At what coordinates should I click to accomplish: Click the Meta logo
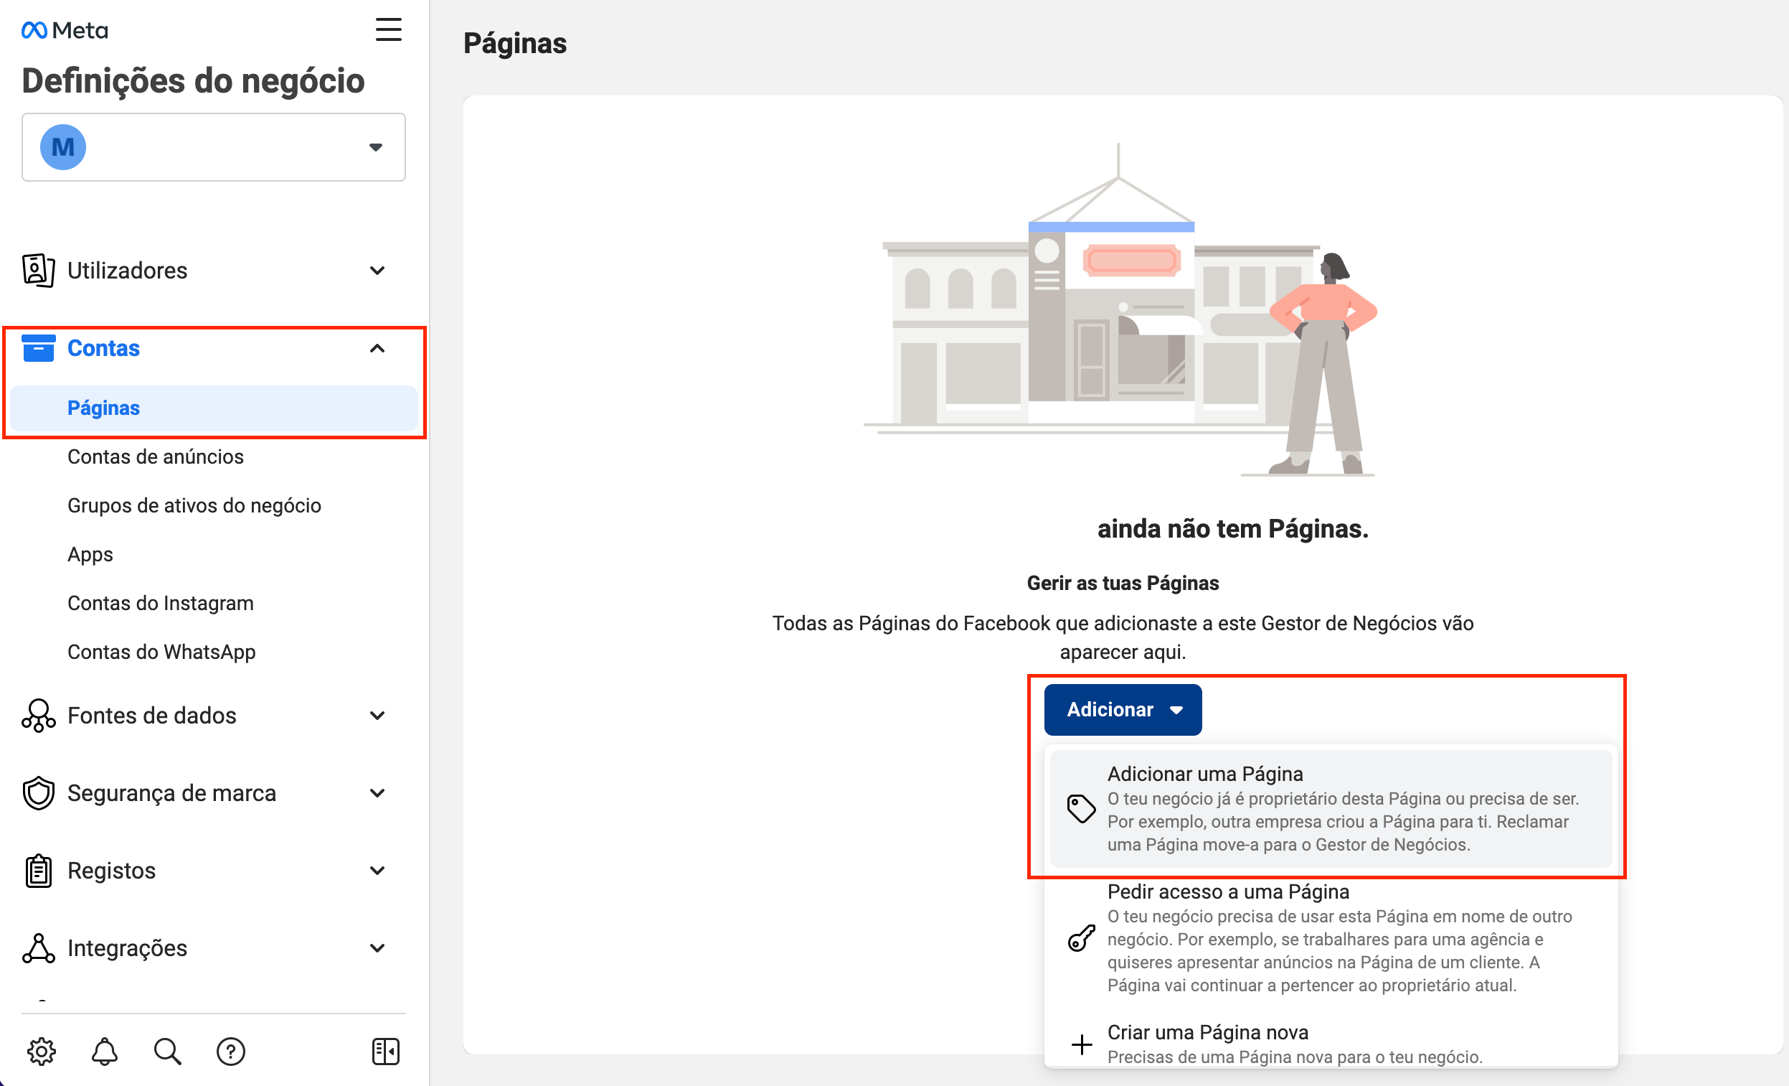[x=65, y=31]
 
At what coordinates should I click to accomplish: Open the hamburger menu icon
[x=389, y=29]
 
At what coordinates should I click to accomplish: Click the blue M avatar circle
[x=63, y=146]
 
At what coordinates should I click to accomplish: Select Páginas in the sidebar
[x=104, y=408]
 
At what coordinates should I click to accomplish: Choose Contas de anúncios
[x=156, y=457]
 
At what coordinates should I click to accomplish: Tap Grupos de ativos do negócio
[x=194, y=505]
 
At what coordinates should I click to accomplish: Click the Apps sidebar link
[x=90, y=554]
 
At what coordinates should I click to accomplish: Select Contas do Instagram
[x=161, y=603]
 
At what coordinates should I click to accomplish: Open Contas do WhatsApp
[x=161, y=652]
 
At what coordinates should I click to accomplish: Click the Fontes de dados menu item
[x=152, y=716]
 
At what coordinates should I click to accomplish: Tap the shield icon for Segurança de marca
[x=39, y=793]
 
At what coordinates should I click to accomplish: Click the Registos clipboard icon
[x=39, y=870]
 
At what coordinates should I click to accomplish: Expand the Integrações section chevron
[x=377, y=948]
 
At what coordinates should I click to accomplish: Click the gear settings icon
[x=42, y=1051]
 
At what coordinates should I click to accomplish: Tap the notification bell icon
[x=105, y=1051]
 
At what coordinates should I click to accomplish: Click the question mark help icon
[x=231, y=1051]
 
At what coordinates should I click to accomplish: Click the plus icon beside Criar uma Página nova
[x=1081, y=1044]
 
